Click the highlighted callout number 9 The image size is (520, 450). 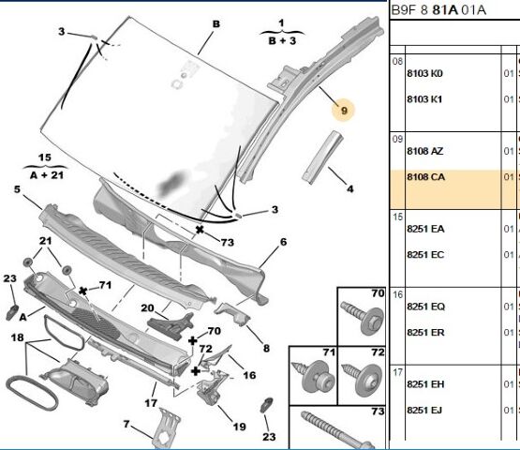(x=344, y=111)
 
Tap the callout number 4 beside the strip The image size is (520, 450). (x=349, y=189)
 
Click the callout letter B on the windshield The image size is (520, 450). (x=215, y=23)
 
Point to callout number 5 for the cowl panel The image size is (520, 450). (x=17, y=190)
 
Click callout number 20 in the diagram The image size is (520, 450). (x=147, y=307)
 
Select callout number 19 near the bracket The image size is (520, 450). (x=239, y=427)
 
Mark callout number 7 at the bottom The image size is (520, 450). (x=126, y=425)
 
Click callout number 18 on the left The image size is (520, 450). (x=17, y=335)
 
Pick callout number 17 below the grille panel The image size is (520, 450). (x=149, y=403)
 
